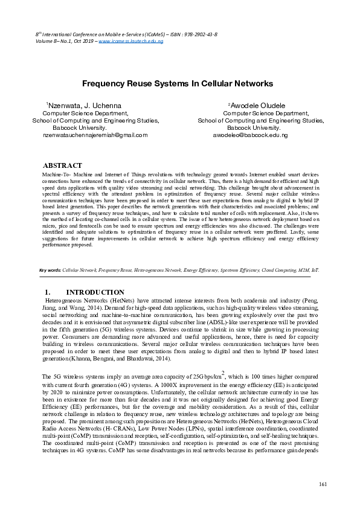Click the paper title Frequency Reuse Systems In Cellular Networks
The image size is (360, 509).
pos(178,84)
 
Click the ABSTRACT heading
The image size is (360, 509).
pos(62,165)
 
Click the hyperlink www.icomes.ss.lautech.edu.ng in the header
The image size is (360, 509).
pos(131,42)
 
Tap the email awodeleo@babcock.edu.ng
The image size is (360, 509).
pos(251,135)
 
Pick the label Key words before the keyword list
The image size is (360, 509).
pos(50,270)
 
